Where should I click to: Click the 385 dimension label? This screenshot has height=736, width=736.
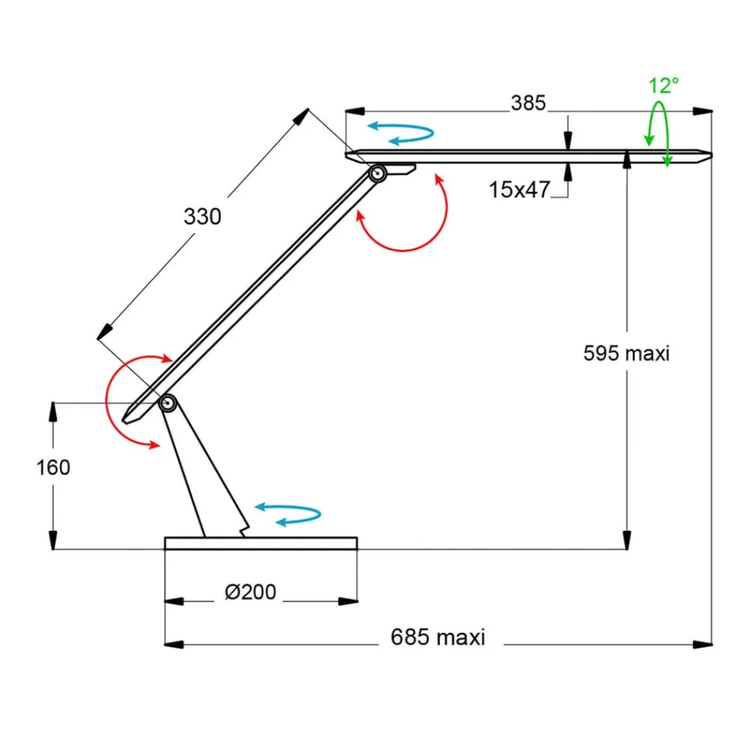(x=528, y=103)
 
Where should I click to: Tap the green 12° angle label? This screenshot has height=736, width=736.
(x=663, y=85)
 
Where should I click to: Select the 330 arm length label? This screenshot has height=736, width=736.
(x=202, y=217)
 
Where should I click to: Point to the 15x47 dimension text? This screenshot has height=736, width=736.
(x=520, y=190)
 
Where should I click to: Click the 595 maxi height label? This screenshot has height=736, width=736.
(x=626, y=353)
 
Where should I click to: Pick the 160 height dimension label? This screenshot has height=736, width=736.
(x=53, y=467)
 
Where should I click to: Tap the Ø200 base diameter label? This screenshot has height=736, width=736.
(x=250, y=592)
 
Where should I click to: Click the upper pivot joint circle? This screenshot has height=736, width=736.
(x=378, y=174)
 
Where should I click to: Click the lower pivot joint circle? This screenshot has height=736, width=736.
(x=168, y=403)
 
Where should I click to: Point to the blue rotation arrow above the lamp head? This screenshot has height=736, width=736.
(x=401, y=132)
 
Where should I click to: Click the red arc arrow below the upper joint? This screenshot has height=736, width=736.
(x=412, y=221)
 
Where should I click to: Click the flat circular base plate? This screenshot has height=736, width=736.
(x=261, y=543)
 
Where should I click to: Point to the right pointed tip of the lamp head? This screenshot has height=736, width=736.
(x=707, y=155)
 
